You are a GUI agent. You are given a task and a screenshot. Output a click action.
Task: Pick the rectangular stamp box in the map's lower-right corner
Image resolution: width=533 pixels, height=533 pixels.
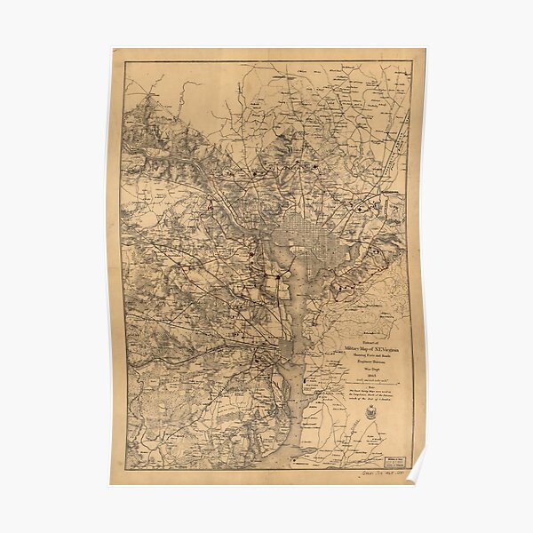pos(392,460)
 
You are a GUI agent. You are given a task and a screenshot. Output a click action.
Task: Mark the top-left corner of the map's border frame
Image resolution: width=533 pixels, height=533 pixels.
pos(124,61)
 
